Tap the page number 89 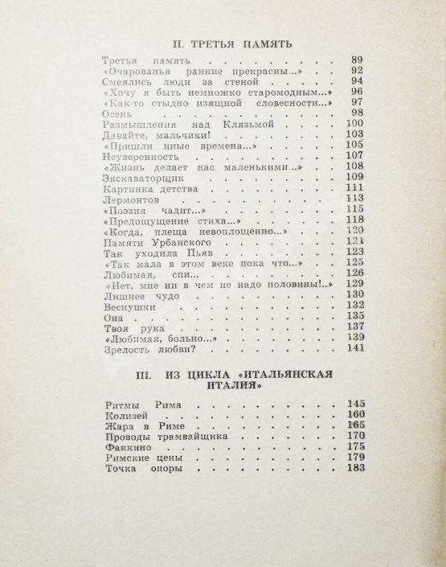click(358, 61)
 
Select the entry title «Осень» click(121, 112)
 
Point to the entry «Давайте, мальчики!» click(149, 138)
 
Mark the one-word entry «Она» click(116, 318)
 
